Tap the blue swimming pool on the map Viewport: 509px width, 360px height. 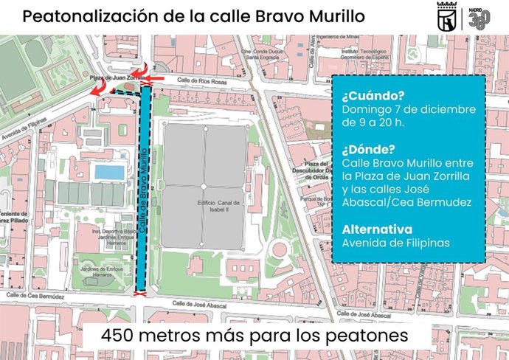click(x=109, y=172)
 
